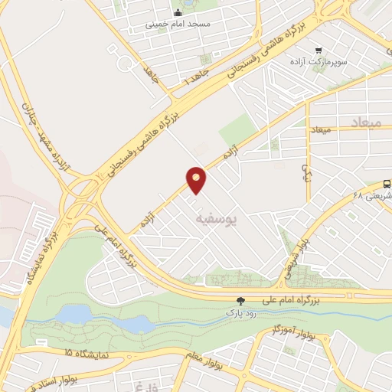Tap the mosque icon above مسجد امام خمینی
178,12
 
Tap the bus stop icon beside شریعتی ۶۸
387,185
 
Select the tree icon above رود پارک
241,301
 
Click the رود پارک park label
237,312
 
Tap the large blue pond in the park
75,314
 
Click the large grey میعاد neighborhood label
364,122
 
